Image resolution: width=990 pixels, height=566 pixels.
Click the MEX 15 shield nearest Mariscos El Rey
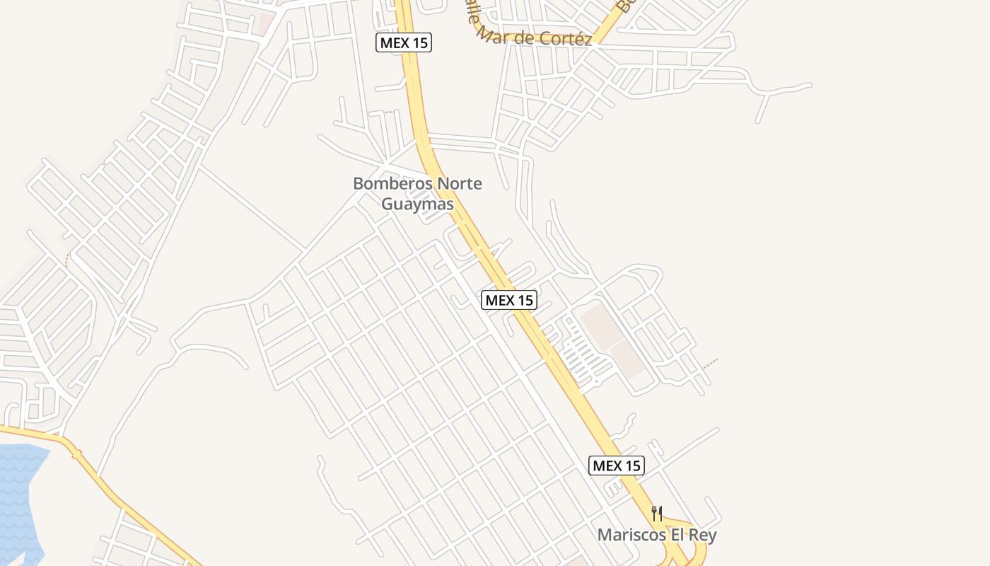pos(617,466)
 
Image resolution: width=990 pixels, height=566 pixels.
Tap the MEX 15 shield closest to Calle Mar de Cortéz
pos(403,42)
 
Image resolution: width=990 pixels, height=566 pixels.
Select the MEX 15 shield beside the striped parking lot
pos(508,300)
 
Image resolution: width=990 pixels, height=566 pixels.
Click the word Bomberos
pos(392,184)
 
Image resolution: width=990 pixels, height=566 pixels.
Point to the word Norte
pos(459,184)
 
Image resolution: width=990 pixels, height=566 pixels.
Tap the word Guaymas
pos(417,204)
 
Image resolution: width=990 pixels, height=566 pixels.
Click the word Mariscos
pos(631,535)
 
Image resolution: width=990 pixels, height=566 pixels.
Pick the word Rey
pos(703,535)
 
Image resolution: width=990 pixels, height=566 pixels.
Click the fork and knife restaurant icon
pos(657,513)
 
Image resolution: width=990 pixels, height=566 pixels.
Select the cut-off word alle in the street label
pos(472,20)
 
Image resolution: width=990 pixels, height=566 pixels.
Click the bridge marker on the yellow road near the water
pos(76,454)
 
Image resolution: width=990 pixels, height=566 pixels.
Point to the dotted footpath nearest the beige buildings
pos(710,364)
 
